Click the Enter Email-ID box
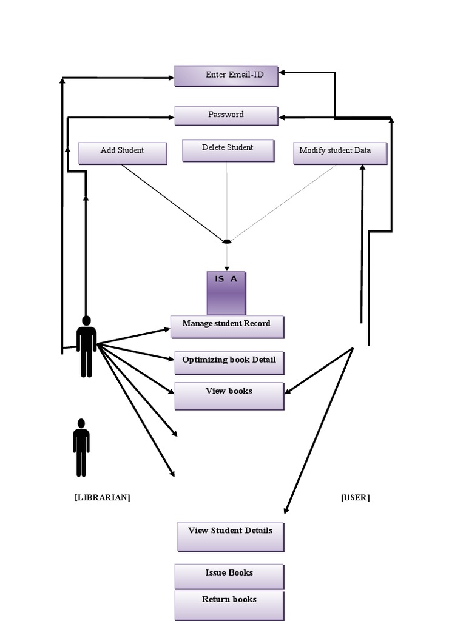(x=226, y=76)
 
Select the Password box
(x=226, y=115)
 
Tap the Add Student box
(x=123, y=153)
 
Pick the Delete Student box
(x=228, y=150)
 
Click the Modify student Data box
(x=340, y=153)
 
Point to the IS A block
(x=226, y=292)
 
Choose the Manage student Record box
(x=227, y=326)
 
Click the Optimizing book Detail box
(x=229, y=363)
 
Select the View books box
(x=229, y=395)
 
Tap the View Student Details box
(x=231, y=536)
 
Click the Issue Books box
(x=229, y=576)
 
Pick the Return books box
(x=229, y=605)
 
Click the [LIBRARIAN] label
(x=102, y=497)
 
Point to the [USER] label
(x=356, y=497)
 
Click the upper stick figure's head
(x=86, y=320)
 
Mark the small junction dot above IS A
(x=227, y=241)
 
